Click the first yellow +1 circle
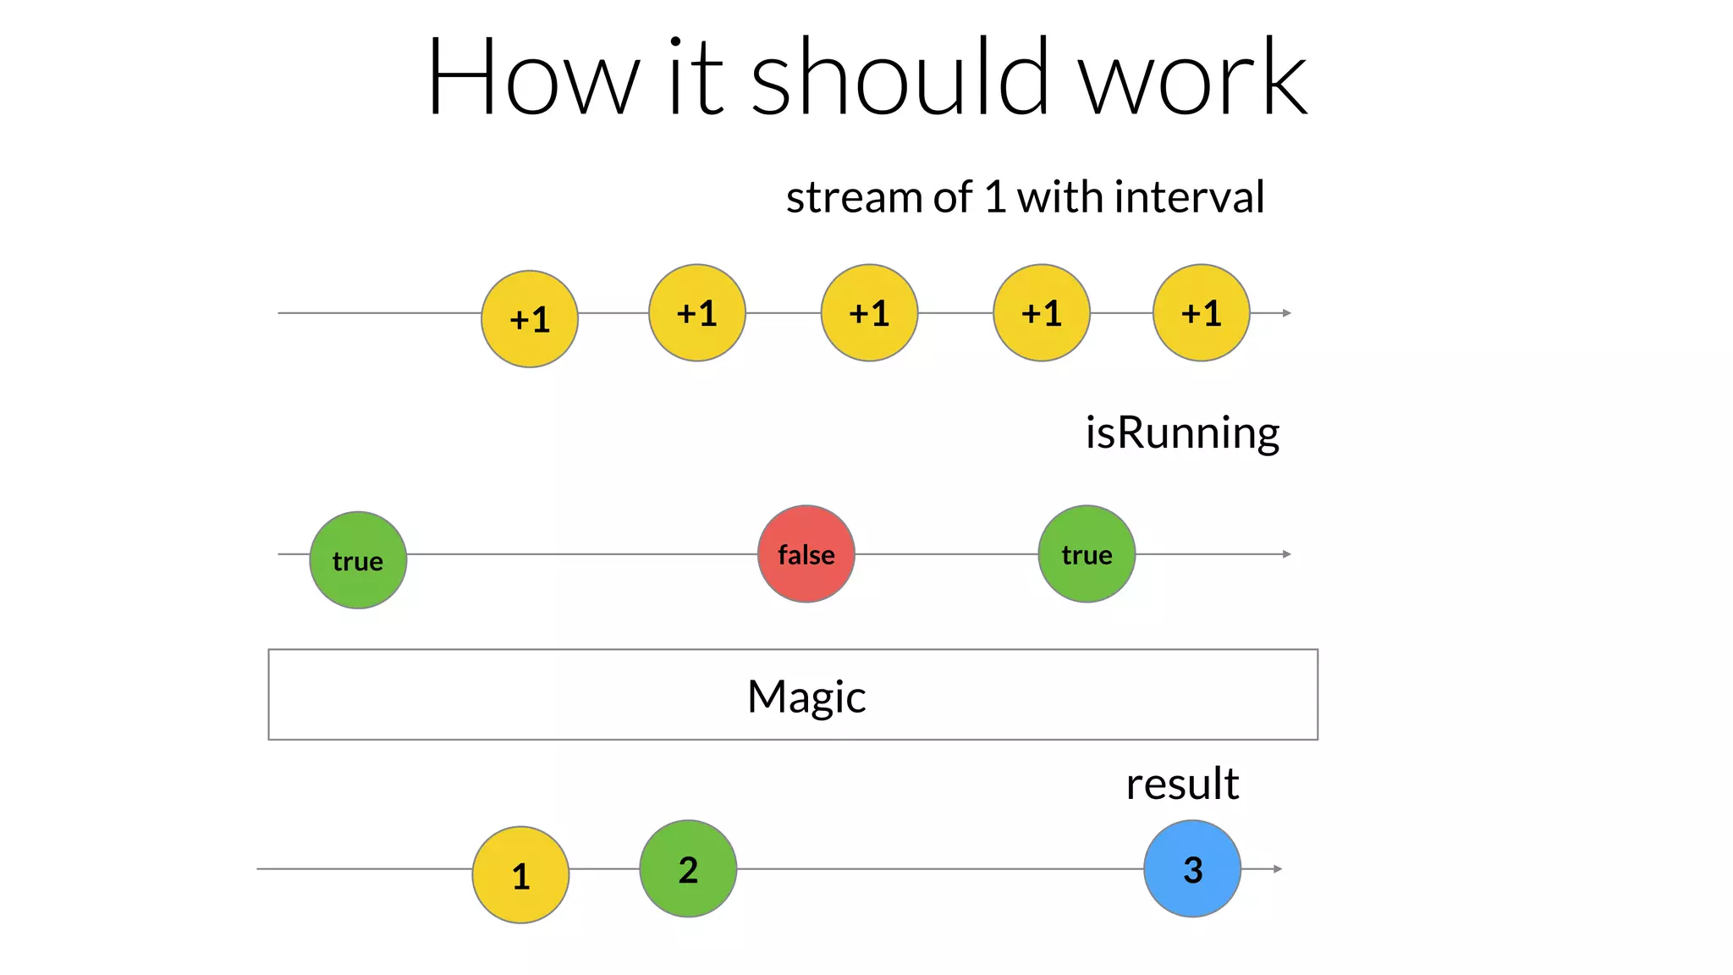530,319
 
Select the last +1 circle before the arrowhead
1201,313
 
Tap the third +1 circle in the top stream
869,313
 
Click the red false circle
806,554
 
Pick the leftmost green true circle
358,560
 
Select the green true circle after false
1087,554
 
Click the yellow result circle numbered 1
520,875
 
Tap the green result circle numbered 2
688,869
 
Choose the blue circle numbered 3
1192,869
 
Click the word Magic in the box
806,697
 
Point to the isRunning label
1182,432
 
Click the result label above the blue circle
1182,784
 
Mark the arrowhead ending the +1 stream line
1286,313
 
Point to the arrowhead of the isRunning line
1286,554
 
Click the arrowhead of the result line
1278,869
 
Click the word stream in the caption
854,197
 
